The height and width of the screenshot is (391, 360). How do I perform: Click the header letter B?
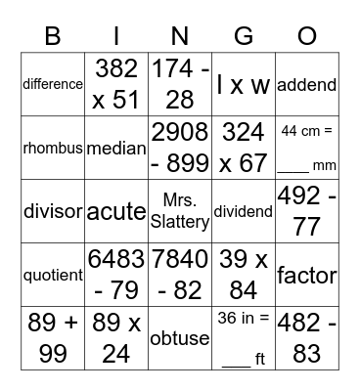point(52,37)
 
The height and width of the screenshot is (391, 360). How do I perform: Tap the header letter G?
point(244,37)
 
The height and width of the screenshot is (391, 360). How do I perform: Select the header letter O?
point(307,37)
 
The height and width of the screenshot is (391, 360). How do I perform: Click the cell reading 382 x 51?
point(116,84)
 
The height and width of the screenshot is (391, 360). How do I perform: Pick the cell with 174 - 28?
point(180,84)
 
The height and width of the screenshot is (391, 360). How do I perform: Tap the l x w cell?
point(244,84)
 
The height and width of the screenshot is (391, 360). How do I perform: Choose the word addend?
point(307,84)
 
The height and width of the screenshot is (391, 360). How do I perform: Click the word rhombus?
point(52,149)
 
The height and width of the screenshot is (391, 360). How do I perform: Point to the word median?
point(116,149)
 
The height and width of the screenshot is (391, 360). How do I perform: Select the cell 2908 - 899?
point(180,149)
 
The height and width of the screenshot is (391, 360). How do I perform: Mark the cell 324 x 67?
point(244,149)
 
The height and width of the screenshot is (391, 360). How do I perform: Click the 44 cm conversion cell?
point(307,149)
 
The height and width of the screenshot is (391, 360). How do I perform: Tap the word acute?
point(116,211)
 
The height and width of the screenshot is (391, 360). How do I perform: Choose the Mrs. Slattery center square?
point(180,211)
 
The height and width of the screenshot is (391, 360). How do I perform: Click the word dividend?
point(244,211)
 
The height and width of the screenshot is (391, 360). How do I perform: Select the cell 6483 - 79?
point(116,276)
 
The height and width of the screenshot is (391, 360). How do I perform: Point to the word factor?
point(307,276)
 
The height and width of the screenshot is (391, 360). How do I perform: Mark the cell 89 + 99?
point(52,339)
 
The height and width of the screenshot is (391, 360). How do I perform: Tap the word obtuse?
point(180,339)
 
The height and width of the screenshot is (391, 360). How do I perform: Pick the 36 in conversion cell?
point(244,339)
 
